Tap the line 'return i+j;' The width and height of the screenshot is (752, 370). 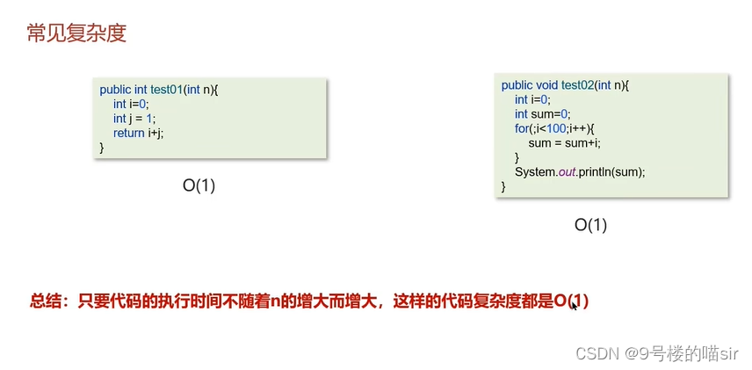pyautogui.click(x=138, y=133)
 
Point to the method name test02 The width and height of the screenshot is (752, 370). pyautogui.click(x=577, y=85)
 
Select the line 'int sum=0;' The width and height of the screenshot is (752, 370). pyautogui.click(x=542, y=113)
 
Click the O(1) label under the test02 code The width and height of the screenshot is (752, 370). pyautogui.click(x=591, y=225)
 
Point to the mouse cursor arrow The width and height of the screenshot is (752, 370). pyautogui.click(x=574, y=305)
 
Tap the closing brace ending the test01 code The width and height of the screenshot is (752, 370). pyautogui.click(x=102, y=147)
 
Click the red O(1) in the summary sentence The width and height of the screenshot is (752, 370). pyautogui.click(x=571, y=301)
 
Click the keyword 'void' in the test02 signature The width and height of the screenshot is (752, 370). pyautogui.click(x=546, y=85)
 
